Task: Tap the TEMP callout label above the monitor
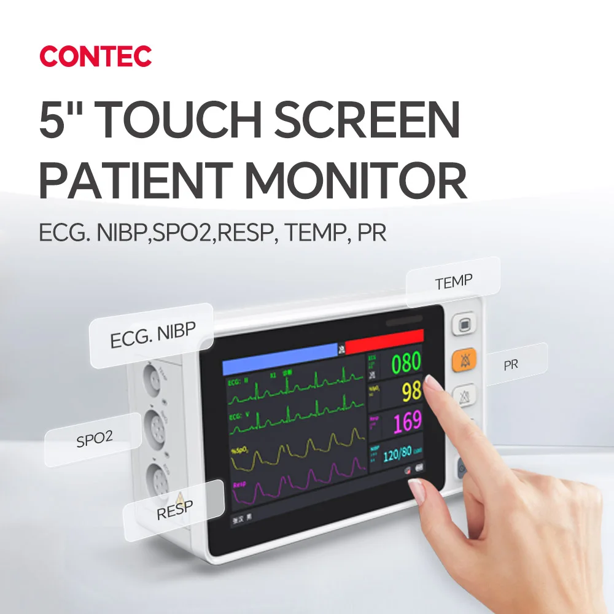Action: [x=454, y=282]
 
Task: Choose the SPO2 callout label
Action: [x=94, y=440]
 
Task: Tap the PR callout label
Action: [x=511, y=365]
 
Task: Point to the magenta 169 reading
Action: [x=407, y=421]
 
